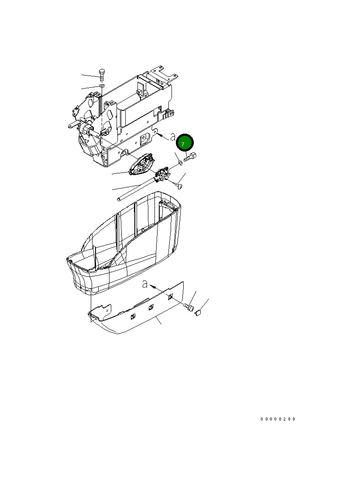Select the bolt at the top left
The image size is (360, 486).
[x=101, y=75]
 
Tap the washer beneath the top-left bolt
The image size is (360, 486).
[x=101, y=87]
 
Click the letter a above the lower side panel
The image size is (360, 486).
[x=144, y=285]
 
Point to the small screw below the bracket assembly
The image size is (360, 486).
[x=180, y=186]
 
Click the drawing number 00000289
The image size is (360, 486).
[x=278, y=419]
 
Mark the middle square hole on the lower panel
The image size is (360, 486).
[x=151, y=307]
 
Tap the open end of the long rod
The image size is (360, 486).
[x=119, y=200]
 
